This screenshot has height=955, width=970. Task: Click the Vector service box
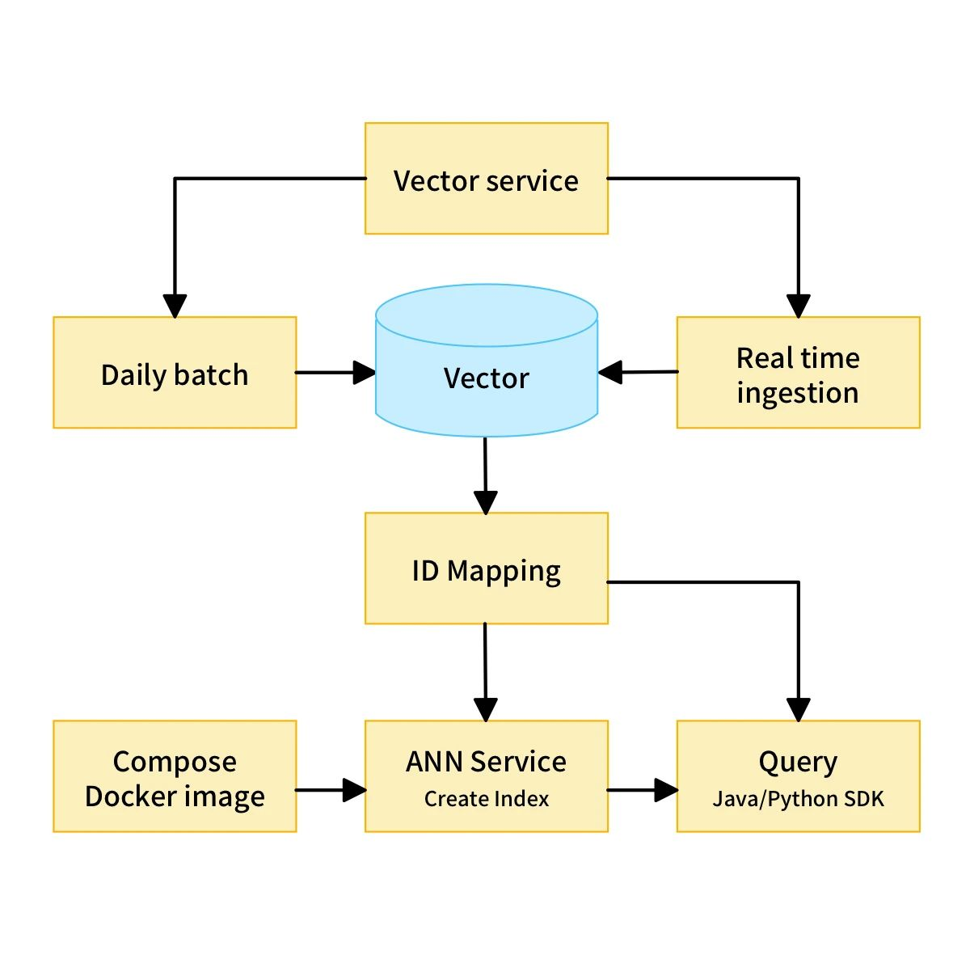tap(486, 179)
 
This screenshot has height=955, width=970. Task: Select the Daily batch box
tap(175, 373)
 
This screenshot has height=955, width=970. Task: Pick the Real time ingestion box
tap(798, 373)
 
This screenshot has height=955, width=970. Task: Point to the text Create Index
tap(486, 799)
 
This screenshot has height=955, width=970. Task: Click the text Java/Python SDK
tap(798, 799)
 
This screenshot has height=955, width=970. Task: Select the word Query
tap(798, 761)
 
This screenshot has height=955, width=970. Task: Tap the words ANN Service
tap(486, 761)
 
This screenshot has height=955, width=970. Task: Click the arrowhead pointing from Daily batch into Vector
tap(365, 373)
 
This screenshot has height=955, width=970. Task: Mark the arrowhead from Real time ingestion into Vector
tap(610, 373)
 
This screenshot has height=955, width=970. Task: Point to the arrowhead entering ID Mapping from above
tap(485, 502)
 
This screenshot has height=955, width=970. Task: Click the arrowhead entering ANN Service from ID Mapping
tap(486, 709)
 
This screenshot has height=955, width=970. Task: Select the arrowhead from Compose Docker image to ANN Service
tap(354, 790)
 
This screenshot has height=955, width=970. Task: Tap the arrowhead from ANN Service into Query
tap(666, 790)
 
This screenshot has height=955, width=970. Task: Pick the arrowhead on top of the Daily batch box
tap(175, 306)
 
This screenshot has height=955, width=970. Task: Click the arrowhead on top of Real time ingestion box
tap(799, 306)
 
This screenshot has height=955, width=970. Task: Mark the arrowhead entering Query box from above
tap(799, 709)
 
